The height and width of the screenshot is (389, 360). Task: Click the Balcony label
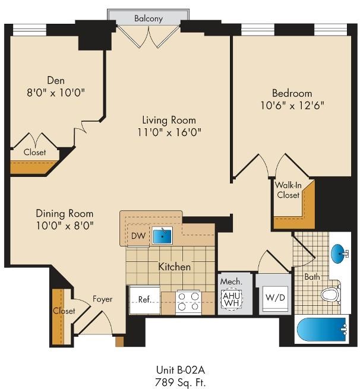[x=149, y=18]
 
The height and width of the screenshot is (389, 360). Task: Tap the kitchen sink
[x=162, y=235]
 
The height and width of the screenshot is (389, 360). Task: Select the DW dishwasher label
[x=138, y=236]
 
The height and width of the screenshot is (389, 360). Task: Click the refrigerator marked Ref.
[x=144, y=300]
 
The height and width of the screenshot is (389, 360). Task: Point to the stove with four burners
[x=188, y=302]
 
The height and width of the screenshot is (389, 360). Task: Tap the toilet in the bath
[x=331, y=294]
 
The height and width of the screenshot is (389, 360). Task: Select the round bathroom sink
[x=339, y=254]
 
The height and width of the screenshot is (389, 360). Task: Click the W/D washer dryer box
[x=275, y=298]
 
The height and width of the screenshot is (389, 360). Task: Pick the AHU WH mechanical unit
[x=231, y=299]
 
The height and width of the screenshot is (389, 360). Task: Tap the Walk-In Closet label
[x=288, y=190]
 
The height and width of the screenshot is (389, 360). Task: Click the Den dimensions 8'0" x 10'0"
[x=56, y=93]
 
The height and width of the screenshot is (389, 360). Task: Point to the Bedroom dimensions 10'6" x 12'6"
[x=292, y=106]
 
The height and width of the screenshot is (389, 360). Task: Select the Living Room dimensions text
[x=169, y=132]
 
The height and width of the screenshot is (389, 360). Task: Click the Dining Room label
[x=65, y=213]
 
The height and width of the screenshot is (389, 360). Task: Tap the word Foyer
[x=102, y=299]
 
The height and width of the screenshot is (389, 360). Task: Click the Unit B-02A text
[x=181, y=370]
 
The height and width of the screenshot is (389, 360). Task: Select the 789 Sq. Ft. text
[x=181, y=382]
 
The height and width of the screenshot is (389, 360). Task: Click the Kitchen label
[x=175, y=267]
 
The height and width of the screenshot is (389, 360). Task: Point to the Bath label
[x=312, y=277]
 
